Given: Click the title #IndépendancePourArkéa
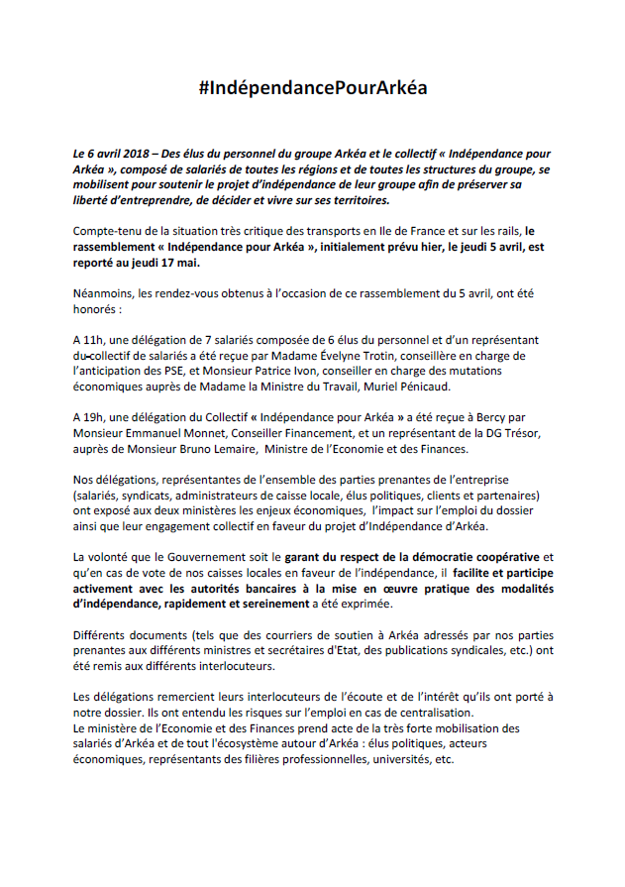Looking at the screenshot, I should pos(312,88).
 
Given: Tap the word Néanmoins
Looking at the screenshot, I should pos(105,295).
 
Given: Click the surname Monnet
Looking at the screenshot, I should pos(224,432).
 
